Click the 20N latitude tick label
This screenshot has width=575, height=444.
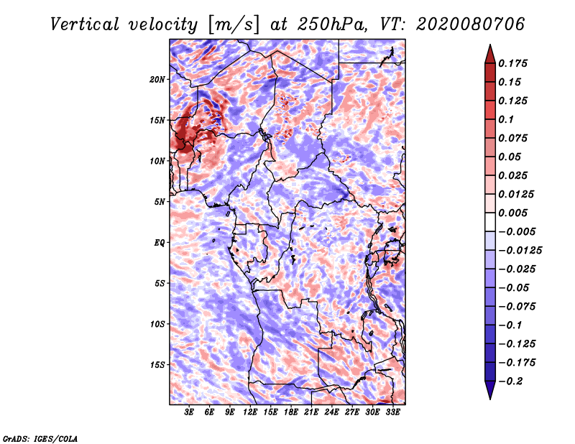(x=157, y=79)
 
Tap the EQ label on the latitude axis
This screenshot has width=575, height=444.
(x=160, y=243)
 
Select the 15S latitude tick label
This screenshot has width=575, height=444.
(x=157, y=365)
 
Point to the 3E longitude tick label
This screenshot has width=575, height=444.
(x=189, y=412)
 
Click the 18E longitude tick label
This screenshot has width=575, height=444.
(x=291, y=412)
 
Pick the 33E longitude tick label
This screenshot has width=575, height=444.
(x=392, y=412)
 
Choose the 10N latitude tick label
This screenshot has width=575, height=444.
(x=157, y=161)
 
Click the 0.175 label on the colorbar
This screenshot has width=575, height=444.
(x=512, y=63)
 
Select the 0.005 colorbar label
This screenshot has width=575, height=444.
(x=512, y=213)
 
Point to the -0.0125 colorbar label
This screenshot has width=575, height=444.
(x=520, y=251)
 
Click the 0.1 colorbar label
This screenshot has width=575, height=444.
(x=506, y=119)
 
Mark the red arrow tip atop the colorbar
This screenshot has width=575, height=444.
(x=490, y=45)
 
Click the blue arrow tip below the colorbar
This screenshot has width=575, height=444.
(x=490, y=399)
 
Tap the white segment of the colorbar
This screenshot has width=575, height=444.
(x=490, y=222)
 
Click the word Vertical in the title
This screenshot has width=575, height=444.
(x=84, y=24)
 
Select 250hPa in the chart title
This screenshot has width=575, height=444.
(x=332, y=24)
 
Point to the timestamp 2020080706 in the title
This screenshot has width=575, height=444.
(x=470, y=24)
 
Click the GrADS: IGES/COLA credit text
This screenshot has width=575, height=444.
(x=40, y=438)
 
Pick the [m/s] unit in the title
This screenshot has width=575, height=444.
(x=234, y=25)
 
